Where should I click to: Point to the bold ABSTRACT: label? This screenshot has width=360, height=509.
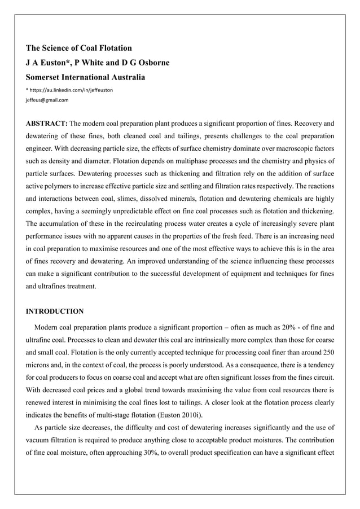pyautogui.click(x=47, y=123)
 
